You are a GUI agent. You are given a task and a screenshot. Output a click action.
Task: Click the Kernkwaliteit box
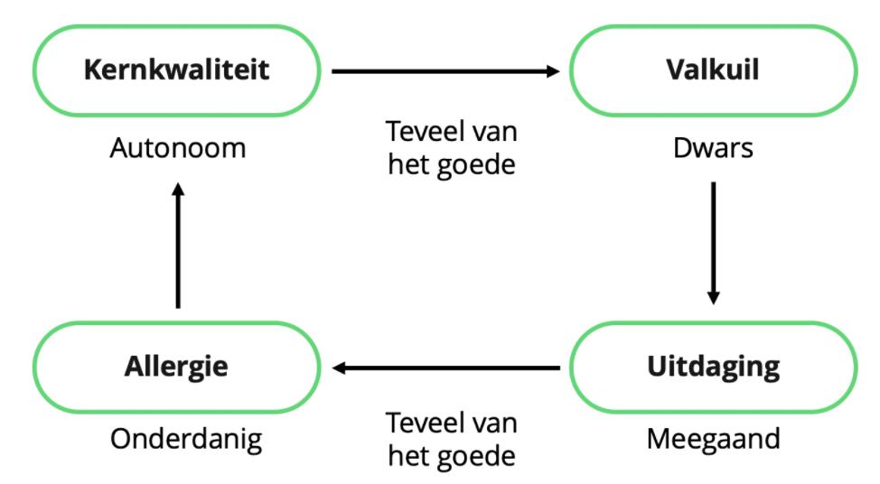click(x=177, y=70)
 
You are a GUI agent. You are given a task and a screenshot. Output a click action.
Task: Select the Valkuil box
click(x=713, y=70)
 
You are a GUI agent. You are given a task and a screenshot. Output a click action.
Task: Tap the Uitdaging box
click(x=713, y=368)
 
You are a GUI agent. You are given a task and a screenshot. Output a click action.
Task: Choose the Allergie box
click(x=177, y=368)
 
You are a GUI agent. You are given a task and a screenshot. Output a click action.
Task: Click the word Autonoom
click(x=178, y=148)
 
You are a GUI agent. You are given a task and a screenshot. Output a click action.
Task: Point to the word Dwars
click(x=713, y=148)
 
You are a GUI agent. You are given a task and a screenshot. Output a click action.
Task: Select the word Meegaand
click(x=713, y=439)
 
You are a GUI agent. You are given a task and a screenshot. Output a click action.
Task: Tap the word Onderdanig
click(x=186, y=439)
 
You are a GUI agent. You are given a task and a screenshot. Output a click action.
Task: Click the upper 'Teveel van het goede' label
click(x=452, y=148)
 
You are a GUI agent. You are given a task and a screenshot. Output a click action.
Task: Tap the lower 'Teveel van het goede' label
click(x=452, y=439)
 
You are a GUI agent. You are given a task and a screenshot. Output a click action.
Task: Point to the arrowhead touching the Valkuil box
click(x=553, y=70)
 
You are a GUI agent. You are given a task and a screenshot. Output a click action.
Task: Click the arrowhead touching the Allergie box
click(x=340, y=368)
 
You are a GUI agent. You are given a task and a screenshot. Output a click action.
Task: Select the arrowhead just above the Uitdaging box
click(x=713, y=297)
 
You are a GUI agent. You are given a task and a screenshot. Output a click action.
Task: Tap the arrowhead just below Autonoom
click(x=178, y=191)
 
